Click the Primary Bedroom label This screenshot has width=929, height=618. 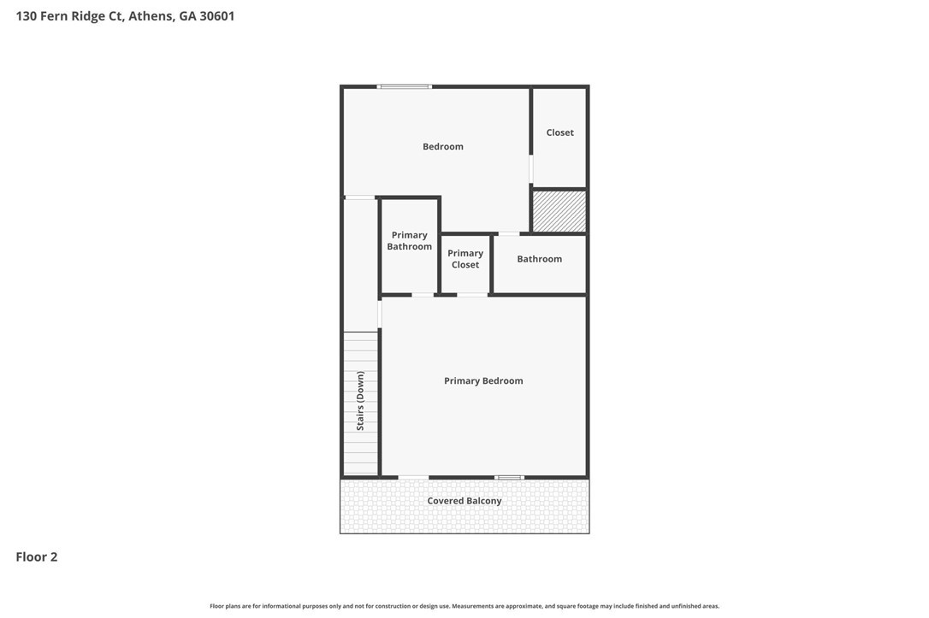click(483, 381)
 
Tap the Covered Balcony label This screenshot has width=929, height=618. click(464, 501)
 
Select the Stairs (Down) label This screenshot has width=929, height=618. click(360, 401)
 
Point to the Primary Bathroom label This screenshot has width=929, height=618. click(410, 241)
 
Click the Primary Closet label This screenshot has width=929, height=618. click(465, 259)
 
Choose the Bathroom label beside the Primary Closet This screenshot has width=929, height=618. click(539, 259)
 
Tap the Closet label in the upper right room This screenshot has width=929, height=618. click(560, 132)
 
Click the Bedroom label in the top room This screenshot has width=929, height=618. click(442, 147)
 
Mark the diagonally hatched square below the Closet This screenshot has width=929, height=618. click(559, 211)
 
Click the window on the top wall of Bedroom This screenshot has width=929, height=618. click(405, 87)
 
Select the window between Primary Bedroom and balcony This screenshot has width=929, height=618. click(510, 477)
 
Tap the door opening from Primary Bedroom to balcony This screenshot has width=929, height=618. click(413, 477)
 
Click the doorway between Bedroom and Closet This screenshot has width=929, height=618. click(531, 169)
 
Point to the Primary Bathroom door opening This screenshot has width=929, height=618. click(423, 295)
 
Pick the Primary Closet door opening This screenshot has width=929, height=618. click(472, 295)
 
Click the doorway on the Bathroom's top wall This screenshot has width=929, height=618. click(509, 234)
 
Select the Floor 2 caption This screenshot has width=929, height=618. click(37, 557)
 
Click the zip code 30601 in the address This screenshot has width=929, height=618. click(216, 16)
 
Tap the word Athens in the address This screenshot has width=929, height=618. click(151, 16)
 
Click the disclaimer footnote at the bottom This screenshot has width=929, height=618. click(464, 606)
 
